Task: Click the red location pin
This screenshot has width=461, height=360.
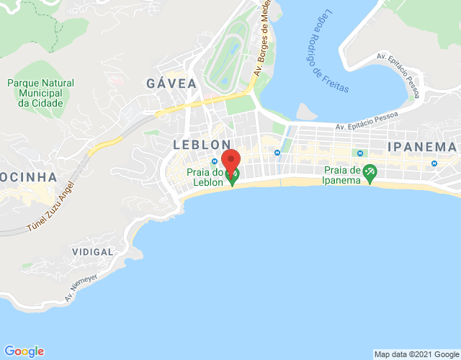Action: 230,161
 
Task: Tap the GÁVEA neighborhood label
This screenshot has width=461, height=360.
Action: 171,84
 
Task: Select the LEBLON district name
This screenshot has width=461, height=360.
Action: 202,145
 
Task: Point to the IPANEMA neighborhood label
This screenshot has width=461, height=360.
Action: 422,147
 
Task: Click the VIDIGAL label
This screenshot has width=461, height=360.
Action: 93,252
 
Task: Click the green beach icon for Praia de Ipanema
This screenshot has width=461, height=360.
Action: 370,173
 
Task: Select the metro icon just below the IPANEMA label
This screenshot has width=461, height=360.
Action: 434,163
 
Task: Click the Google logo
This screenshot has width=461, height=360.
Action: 24,351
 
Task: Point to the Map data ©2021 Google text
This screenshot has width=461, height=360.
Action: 416,354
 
